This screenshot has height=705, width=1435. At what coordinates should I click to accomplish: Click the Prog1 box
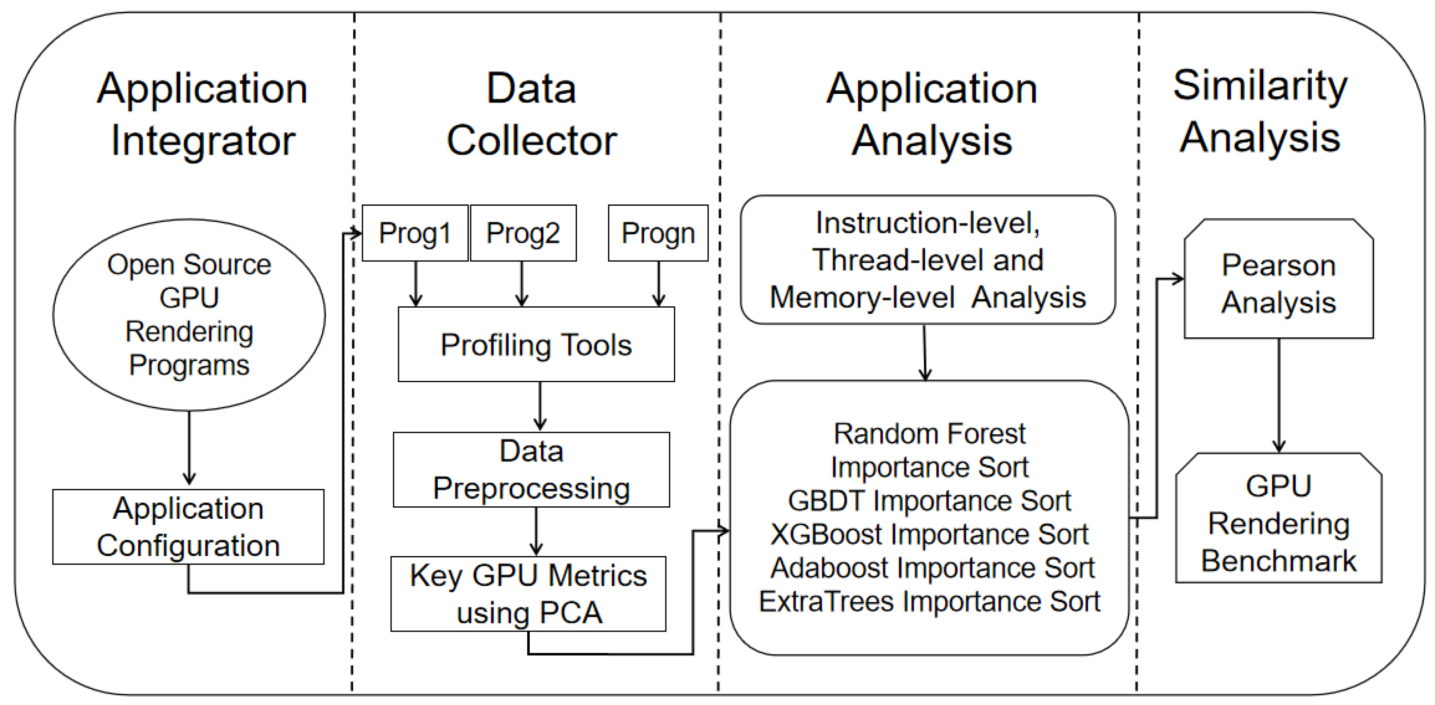point(415,233)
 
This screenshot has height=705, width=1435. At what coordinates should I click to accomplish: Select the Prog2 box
point(523,233)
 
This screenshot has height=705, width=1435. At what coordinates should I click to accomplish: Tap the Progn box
point(658,233)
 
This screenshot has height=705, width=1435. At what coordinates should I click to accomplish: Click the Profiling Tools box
point(536,344)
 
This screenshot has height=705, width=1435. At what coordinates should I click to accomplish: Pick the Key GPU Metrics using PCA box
point(528,593)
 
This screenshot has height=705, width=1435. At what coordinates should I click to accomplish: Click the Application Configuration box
point(188,527)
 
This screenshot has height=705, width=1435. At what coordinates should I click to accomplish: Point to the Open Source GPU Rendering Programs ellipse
point(189,315)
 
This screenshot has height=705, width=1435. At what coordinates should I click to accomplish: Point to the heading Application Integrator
point(203,114)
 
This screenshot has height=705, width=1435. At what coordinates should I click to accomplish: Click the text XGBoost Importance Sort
point(929,534)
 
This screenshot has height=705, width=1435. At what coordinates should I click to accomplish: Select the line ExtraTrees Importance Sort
point(929,601)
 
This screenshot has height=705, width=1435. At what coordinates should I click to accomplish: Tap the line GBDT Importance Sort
point(929,501)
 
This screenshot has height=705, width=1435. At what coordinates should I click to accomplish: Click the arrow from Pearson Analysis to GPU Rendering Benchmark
point(1279,395)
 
